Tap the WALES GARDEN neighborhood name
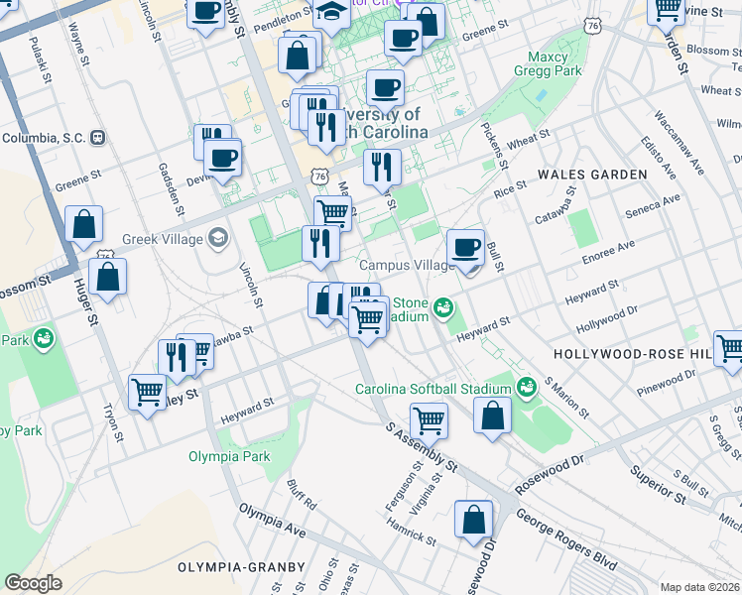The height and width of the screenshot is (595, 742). [x=592, y=175]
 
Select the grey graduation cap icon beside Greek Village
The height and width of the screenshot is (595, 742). [x=217, y=238]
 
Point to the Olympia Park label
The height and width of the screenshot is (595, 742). [x=229, y=457]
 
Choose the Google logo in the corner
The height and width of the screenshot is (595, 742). [x=33, y=582]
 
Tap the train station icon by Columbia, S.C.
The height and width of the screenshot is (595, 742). [x=97, y=138]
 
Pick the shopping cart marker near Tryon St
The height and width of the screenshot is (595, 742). [x=147, y=393]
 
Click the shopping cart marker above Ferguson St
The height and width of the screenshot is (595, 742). [x=429, y=419]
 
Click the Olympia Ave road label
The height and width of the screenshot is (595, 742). [x=272, y=520]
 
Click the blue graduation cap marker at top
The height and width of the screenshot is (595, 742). [x=331, y=14]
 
